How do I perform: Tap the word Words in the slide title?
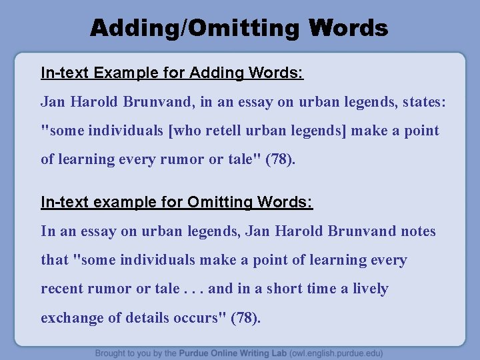[349, 28]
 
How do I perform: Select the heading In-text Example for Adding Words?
[172, 73]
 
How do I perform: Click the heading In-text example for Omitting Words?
[177, 202]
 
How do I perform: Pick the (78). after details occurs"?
[246, 318]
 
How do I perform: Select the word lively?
[371, 289]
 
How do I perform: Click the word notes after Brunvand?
[418, 231]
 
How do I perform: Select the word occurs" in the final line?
[204, 318]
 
